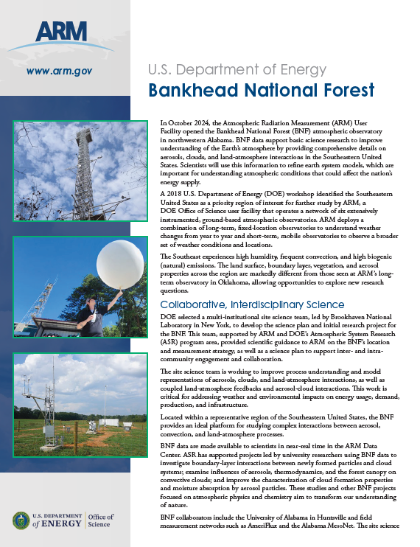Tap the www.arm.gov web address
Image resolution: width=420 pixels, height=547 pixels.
pyautogui.click(x=58, y=71)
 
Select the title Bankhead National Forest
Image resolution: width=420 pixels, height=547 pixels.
pyautogui.click(x=261, y=91)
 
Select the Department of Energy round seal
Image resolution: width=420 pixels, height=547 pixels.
pyautogui.click(x=21, y=520)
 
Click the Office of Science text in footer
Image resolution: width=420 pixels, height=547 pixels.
pyautogui.click(x=100, y=520)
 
